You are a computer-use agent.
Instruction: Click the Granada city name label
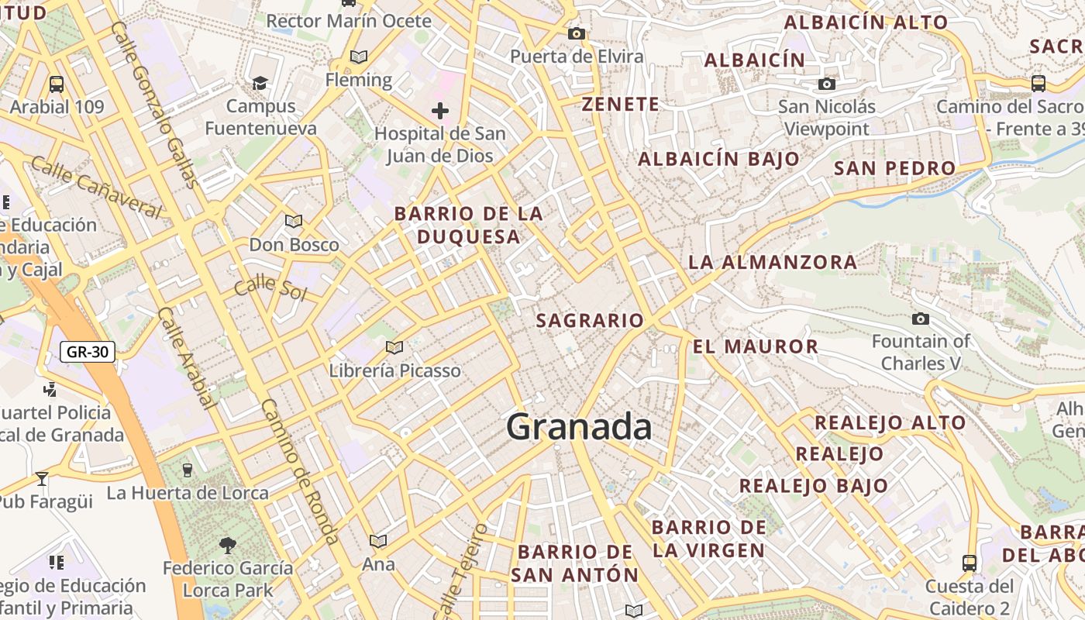tap(579, 427)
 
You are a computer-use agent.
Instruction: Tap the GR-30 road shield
tap(88, 352)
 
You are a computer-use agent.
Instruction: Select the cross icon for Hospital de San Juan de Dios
tap(440, 111)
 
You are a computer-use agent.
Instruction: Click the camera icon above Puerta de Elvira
tap(576, 33)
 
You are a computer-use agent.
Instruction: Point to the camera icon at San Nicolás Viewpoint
tap(827, 84)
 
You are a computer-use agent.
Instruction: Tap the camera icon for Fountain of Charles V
tap(921, 319)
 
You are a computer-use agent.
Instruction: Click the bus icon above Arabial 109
tap(57, 84)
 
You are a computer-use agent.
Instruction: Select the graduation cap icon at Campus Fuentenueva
tap(260, 83)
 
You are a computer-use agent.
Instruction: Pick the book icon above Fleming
tap(358, 57)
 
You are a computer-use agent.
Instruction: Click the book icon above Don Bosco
tap(294, 222)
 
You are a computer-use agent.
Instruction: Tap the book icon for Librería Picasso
tap(394, 347)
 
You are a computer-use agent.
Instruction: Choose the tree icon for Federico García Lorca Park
tap(228, 545)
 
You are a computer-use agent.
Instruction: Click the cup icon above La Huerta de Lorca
tap(187, 470)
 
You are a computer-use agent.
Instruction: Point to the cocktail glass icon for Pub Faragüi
tap(42, 478)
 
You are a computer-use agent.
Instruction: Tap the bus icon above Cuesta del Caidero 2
tap(969, 563)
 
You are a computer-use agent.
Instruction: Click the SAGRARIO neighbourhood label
tap(590, 320)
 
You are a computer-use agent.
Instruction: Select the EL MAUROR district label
tap(756, 346)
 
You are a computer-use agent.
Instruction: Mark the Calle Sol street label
tap(270, 288)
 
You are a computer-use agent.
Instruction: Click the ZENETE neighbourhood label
tap(620, 105)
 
